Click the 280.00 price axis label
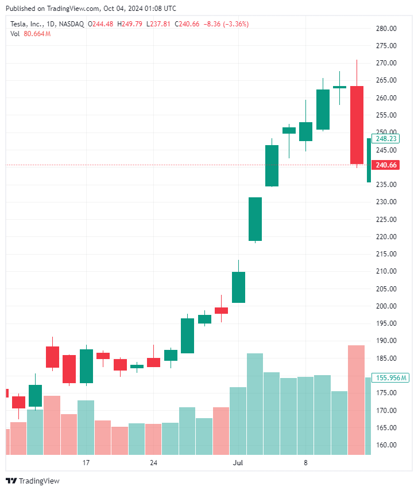coord(386,28)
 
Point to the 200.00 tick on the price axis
coord(386,306)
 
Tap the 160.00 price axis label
coord(386,445)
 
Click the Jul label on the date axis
coord(238,463)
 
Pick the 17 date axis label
coord(86,463)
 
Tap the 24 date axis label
coord(153,463)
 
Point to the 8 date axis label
coord(305,463)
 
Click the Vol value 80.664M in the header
coord(37,34)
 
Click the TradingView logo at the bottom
coord(33,481)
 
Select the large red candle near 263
coord(357,124)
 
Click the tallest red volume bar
coord(356,399)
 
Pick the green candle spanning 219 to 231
coord(255,219)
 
